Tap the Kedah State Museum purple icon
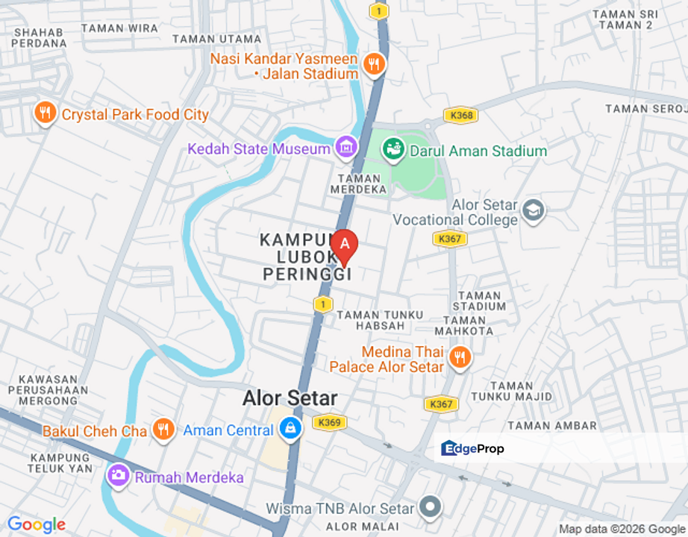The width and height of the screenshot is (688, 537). [346, 147]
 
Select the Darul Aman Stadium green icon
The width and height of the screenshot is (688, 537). [393, 149]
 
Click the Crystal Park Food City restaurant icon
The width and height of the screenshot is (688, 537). [46, 113]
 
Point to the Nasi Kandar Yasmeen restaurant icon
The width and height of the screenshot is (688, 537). [373, 64]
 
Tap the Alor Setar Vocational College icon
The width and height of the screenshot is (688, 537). [533, 210]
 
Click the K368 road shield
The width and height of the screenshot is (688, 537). [460, 116]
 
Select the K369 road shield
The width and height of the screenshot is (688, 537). [328, 422]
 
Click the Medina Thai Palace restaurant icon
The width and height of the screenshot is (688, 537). [460, 359]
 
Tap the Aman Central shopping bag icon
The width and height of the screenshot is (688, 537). [290, 429]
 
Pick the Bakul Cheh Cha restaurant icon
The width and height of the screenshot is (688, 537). [163, 430]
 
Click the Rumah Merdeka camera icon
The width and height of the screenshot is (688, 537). [118, 475]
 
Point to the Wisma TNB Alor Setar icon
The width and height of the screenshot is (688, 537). [430, 508]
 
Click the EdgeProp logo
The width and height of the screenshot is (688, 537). [472, 448]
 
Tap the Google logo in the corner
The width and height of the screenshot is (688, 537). [36, 525]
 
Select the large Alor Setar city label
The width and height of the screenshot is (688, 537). [290, 398]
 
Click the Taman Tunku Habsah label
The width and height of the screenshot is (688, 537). [380, 321]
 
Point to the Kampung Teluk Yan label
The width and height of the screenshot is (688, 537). [60, 462]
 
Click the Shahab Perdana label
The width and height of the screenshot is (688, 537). [40, 37]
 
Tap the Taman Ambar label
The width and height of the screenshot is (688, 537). [552, 426]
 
